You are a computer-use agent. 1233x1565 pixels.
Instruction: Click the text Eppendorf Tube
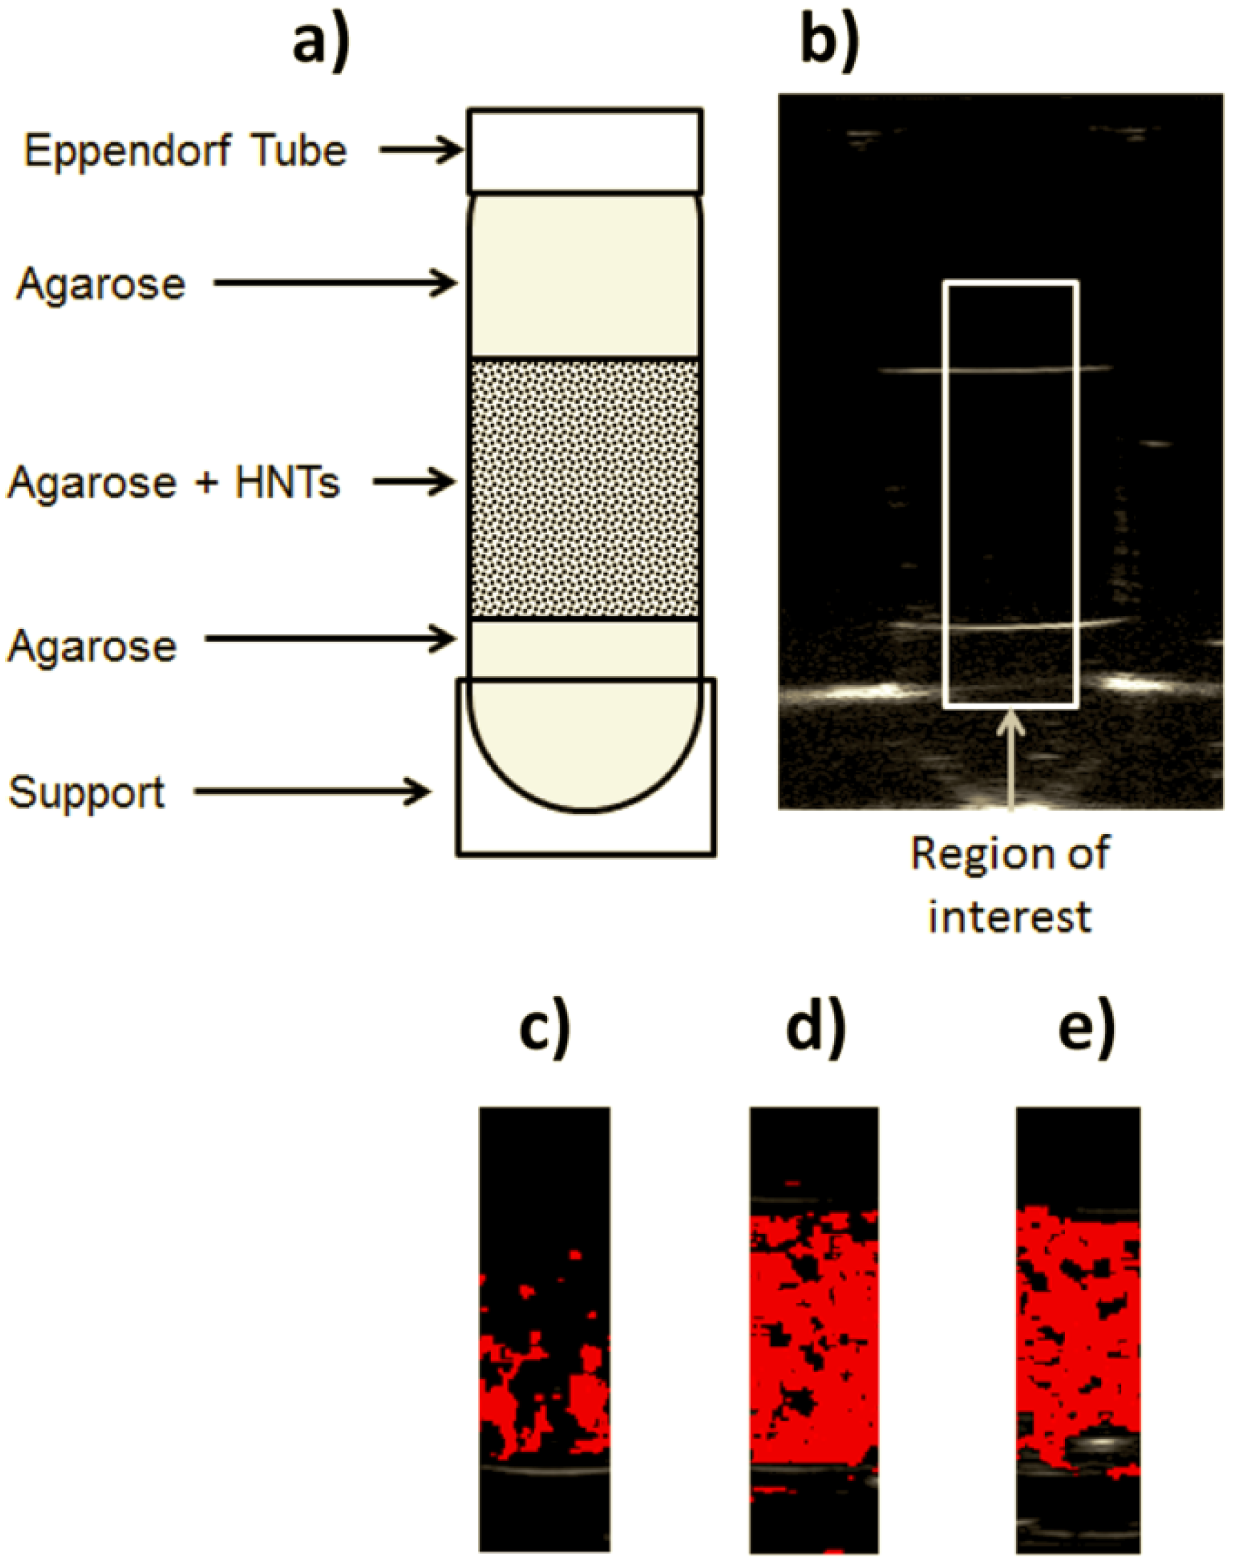184,151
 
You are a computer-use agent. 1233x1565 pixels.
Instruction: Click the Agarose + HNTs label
173,482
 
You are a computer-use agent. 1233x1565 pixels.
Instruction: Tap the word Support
87,793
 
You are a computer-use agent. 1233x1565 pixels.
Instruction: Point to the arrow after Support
312,792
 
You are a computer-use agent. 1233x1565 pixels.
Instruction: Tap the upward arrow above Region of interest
1011,758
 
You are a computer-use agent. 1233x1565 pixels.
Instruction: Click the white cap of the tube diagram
585,150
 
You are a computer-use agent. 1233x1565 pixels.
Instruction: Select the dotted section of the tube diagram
585,489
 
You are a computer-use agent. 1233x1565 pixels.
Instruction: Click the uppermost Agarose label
101,284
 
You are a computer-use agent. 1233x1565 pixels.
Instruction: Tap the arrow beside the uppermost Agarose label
335,284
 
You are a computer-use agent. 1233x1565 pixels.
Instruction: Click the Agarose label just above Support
92,645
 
